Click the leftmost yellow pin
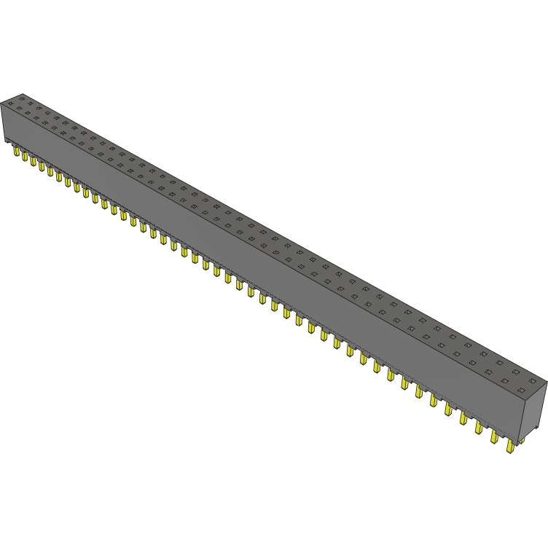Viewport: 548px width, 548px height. (16, 152)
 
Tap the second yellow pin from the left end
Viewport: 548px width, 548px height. (24, 157)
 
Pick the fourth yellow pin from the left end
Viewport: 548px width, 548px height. (42, 166)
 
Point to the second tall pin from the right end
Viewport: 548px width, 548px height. (495, 436)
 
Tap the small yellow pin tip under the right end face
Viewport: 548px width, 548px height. (522, 441)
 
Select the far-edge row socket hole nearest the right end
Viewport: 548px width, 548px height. (518, 370)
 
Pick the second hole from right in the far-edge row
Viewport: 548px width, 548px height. (501, 361)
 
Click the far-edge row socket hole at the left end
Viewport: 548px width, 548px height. (21, 98)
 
